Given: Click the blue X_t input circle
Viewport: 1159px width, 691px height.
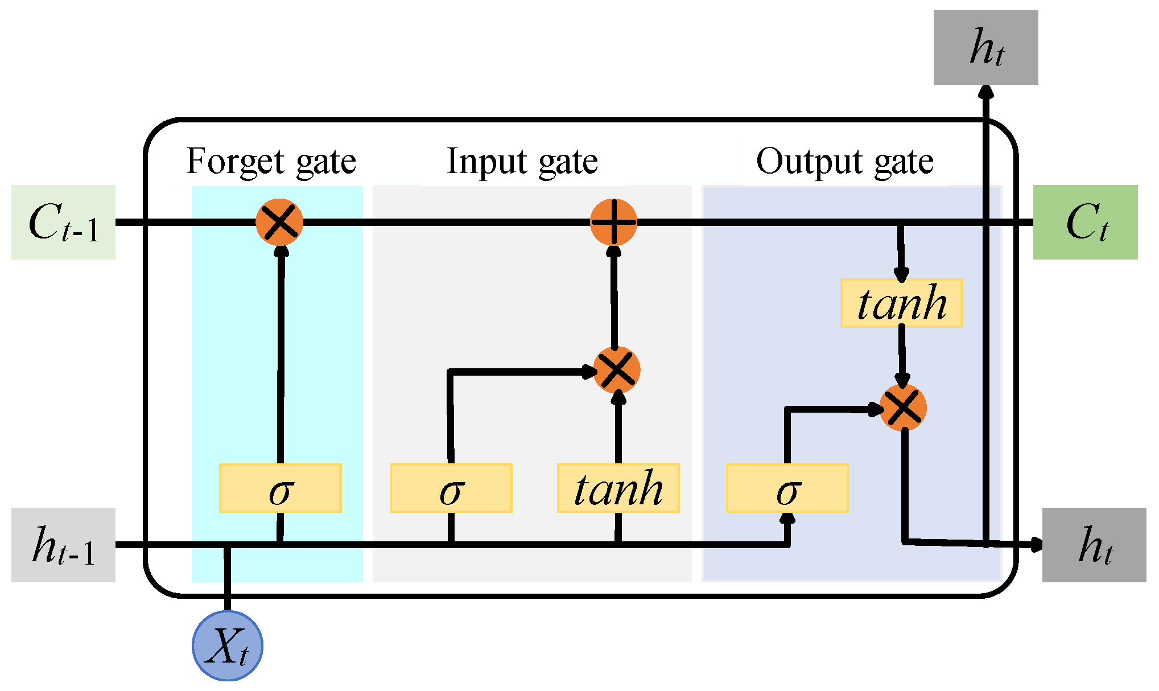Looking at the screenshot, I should click(x=228, y=645).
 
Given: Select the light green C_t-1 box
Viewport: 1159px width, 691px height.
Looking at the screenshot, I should click(x=63, y=222).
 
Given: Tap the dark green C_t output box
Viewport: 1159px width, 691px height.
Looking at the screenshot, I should click(x=1085, y=222).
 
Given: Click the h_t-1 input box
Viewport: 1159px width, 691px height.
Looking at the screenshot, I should click(x=63, y=545).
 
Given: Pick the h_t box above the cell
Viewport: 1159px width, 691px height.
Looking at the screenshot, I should click(x=985, y=47).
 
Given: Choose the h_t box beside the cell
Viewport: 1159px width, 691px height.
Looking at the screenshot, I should click(x=1094, y=545).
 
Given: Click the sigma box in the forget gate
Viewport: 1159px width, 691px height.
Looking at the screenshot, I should click(x=280, y=488).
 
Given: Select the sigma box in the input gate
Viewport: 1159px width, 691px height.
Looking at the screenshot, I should click(x=451, y=488).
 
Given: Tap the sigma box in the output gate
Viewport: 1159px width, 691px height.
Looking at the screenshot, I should click(x=787, y=488).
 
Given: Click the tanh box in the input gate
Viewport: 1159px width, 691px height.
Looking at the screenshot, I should click(x=618, y=488).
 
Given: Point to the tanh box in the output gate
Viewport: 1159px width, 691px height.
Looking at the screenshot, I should click(x=901, y=303).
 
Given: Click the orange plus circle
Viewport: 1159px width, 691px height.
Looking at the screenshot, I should click(x=613, y=222).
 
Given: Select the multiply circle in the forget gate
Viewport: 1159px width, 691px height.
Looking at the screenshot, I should click(x=279, y=222).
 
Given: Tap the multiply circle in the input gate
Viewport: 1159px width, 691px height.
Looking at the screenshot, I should click(x=617, y=370).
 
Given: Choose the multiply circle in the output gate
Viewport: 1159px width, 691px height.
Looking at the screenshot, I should click(x=903, y=408).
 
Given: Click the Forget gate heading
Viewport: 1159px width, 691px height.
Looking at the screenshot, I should click(x=271, y=162).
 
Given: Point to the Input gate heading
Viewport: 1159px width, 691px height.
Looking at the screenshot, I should click(x=522, y=162).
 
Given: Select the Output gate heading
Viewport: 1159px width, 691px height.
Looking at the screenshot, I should click(x=844, y=162).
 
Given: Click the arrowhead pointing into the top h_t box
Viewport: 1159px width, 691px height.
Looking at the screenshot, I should click(x=986, y=92).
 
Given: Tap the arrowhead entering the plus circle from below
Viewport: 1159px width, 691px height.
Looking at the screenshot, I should click(x=613, y=252).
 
